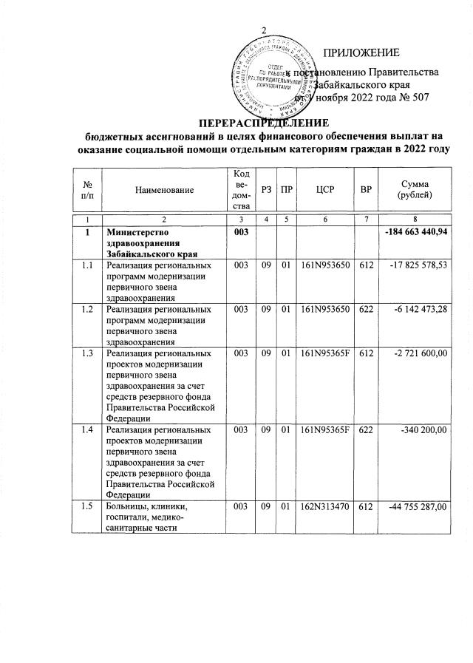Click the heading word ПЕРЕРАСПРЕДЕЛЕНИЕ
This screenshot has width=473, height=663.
[x=262, y=122]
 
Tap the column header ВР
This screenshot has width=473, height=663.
[x=364, y=190]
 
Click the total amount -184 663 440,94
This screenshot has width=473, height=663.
[x=418, y=234]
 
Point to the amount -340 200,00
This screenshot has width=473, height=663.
[x=426, y=430]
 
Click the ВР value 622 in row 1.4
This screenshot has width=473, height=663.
[x=364, y=430]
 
